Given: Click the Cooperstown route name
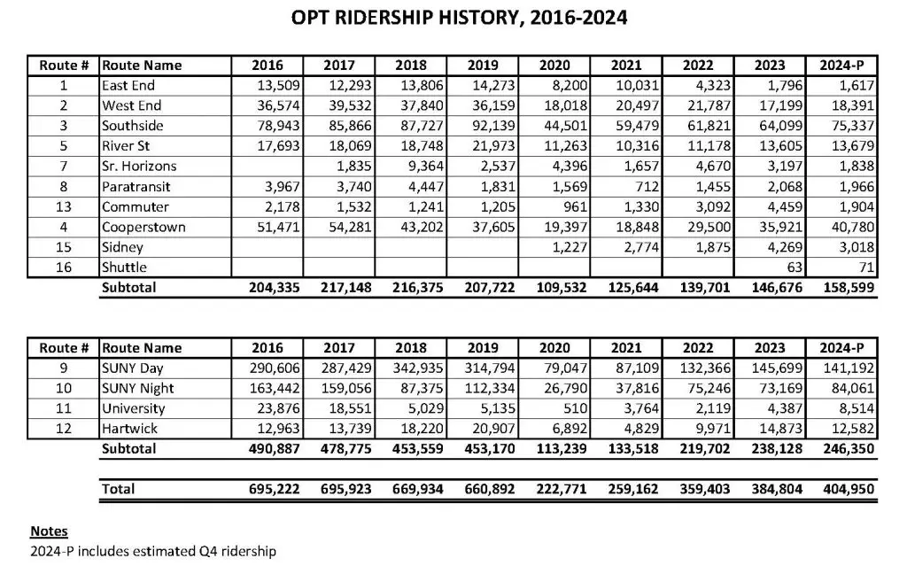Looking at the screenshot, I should tap(143, 227).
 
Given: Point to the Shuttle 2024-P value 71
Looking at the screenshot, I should tap(865, 267).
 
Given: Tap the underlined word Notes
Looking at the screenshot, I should tap(49, 531).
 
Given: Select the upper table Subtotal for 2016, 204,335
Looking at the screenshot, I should tap(267, 288).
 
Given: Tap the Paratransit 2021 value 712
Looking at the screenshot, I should tap(647, 186).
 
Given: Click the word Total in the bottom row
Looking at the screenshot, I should tap(118, 489).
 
